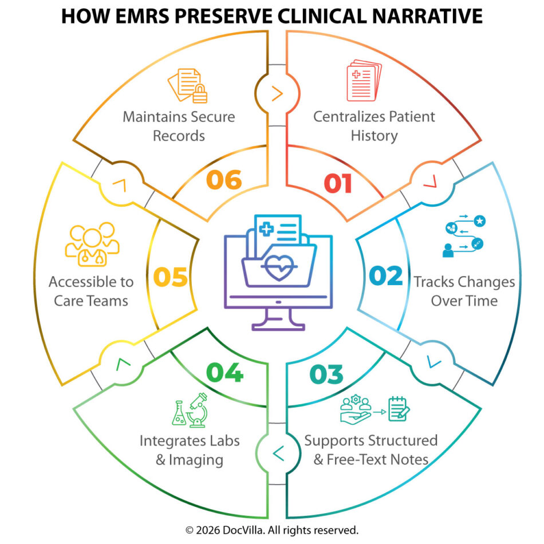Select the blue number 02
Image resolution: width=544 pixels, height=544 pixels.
[x=386, y=276]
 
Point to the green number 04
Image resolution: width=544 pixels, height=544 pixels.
[x=224, y=373]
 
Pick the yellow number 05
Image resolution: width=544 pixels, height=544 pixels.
[x=170, y=277]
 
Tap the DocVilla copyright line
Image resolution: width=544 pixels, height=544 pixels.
[x=272, y=530]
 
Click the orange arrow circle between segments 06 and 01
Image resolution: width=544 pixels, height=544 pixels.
[x=277, y=94]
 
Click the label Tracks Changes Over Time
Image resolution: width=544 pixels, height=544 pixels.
[x=464, y=291]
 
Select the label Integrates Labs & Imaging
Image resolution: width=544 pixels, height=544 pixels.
[x=190, y=450]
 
